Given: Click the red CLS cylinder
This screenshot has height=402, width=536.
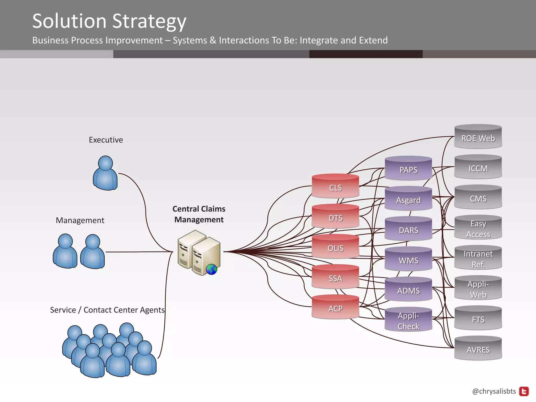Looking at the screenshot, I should click(x=335, y=186).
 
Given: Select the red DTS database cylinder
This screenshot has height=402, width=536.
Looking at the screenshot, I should click(x=335, y=216).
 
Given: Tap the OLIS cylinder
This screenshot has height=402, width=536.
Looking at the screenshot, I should click(x=335, y=247).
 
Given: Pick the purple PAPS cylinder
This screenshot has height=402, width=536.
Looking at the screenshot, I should click(x=408, y=169).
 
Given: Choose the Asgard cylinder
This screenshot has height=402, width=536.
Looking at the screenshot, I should click(x=408, y=199).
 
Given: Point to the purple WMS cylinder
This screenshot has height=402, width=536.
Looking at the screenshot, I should click(x=408, y=259).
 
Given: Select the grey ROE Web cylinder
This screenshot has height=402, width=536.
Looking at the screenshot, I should click(x=478, y=137).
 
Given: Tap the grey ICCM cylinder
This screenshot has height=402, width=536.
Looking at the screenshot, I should click(x=478, y=167).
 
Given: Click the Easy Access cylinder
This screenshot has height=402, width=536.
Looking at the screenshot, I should click(x=478, y=228).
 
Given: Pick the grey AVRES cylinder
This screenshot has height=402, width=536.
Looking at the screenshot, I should click(x=478, y=349).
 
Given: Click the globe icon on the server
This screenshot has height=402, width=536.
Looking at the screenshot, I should click(x=211, y=269).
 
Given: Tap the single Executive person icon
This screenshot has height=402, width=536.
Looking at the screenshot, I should click(x=105, y=173).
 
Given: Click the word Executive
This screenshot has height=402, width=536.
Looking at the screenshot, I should click(x=106, y=140).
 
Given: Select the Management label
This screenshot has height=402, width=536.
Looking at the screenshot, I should click(x=80, y=220).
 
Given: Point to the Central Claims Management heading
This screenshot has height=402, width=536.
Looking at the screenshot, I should click(x=199, y=214).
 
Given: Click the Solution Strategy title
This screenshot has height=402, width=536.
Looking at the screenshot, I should click(x=109, y=21).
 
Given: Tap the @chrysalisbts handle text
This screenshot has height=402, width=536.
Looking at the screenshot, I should click(x=494, y=391).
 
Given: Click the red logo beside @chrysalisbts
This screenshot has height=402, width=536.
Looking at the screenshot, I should click(x=524, y=391).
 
